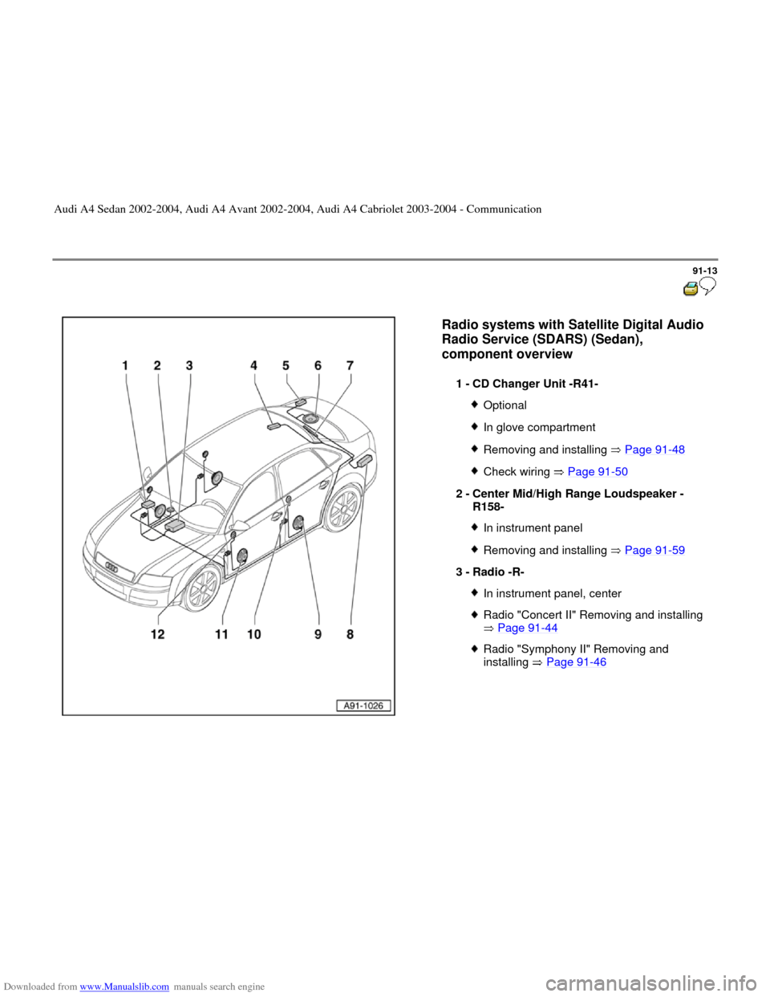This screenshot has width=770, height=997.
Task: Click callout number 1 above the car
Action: click(124, 366)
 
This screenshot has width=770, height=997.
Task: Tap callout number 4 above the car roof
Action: click(253, 366)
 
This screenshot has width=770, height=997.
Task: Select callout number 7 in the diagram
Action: click(351, 366)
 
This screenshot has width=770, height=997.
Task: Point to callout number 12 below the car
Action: click(158, 634)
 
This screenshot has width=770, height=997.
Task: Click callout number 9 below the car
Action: click(318, 634)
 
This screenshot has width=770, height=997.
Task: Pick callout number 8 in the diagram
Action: click(351, 634)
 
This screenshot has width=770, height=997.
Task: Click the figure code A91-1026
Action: click(363, 706)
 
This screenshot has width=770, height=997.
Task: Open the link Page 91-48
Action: click(654, 450)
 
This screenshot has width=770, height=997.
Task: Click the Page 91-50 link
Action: click(598, 472)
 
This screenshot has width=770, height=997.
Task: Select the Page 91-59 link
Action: click(654, 550)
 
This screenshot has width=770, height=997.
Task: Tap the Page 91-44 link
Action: click(528, 628)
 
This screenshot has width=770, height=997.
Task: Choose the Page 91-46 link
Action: click(577, 662)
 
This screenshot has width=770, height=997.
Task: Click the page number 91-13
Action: click(705, 271)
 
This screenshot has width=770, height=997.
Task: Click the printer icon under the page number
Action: click(691, 289)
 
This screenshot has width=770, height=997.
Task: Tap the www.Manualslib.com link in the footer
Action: click(124, 987)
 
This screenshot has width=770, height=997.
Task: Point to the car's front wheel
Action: click(202, 589)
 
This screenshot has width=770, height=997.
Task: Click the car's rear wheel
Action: click(342, 509)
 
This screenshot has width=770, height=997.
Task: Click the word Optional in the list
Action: click(505, 405)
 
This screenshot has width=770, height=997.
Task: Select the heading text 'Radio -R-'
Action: click(498, 572)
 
